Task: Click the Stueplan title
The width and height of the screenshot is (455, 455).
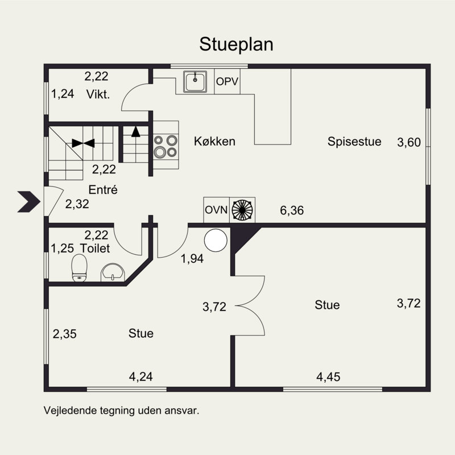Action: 236,44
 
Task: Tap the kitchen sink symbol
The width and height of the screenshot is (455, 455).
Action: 195,81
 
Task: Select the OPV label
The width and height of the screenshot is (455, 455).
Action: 227,81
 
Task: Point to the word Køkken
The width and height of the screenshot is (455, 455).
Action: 214,141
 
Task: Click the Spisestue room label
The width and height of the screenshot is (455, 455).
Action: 354,142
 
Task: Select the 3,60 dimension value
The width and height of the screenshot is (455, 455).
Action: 409,143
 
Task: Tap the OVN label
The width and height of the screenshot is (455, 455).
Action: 216,210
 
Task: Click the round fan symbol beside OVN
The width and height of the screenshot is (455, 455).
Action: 242,210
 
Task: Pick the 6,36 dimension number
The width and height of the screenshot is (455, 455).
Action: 292,210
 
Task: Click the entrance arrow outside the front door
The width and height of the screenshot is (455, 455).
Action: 29,202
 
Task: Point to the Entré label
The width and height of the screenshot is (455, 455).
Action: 103,190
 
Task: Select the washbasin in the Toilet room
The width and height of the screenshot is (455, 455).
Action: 113,272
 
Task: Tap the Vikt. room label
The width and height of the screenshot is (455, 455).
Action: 98,94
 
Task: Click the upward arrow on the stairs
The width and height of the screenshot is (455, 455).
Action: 135,131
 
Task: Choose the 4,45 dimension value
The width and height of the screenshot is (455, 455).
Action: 328,377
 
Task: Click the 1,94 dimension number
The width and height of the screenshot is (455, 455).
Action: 192,259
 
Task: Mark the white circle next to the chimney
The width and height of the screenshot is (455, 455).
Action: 216,241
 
